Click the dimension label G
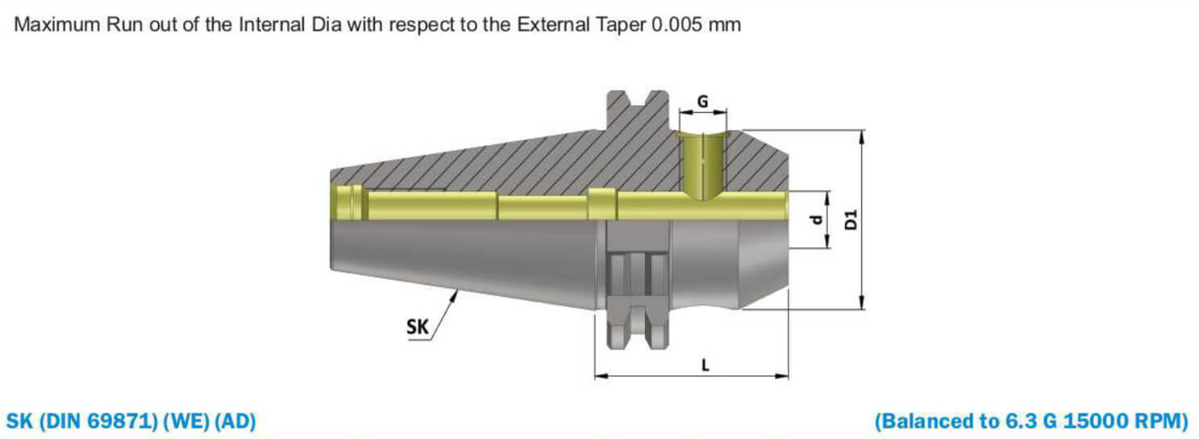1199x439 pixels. tap(702, 102)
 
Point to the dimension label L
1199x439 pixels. tap(705, 365)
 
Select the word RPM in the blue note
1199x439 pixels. tap(1160, 421)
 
